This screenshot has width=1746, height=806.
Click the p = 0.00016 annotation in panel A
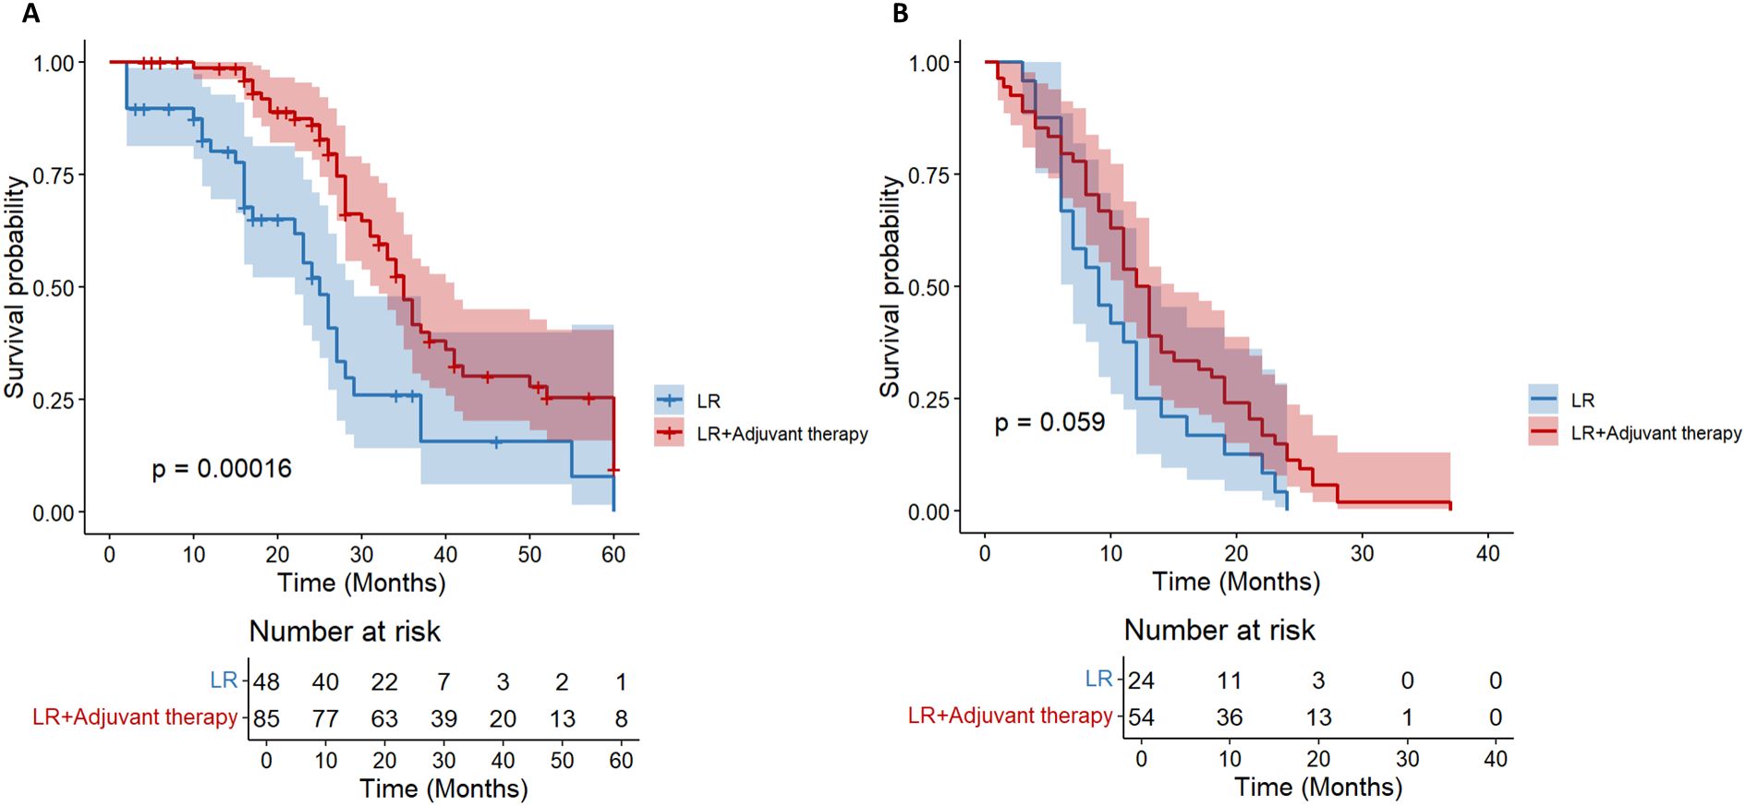click(222, 468)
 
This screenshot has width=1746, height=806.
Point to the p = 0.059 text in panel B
click(1049, 422)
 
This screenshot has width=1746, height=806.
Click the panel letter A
click(30, 14)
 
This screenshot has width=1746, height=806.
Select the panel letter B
click(900, 14)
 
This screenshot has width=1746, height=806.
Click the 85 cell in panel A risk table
click(266, 718)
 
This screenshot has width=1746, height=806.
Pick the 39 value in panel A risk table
click(443, 718)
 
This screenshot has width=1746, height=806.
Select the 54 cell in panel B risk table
click(1141, 716)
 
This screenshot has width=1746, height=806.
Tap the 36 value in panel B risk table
click(1229, 716)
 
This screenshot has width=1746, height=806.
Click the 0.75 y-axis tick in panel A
click(54, 175)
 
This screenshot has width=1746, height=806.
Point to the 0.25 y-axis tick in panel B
click(928, 400)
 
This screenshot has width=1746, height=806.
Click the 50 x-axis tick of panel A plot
click(529, 555)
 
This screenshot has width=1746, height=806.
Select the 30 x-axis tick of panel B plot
click(1362, 554)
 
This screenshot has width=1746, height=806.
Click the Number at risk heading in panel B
click(1219, 630)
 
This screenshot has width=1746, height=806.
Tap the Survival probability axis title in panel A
click(14, 286)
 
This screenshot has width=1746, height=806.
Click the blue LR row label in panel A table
click(224, 680)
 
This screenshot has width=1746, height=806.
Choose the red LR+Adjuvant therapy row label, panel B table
click(1010, 716)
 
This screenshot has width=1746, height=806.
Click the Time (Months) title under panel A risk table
click(443, 788)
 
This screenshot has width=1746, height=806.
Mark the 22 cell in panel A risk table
click(384, 682)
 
